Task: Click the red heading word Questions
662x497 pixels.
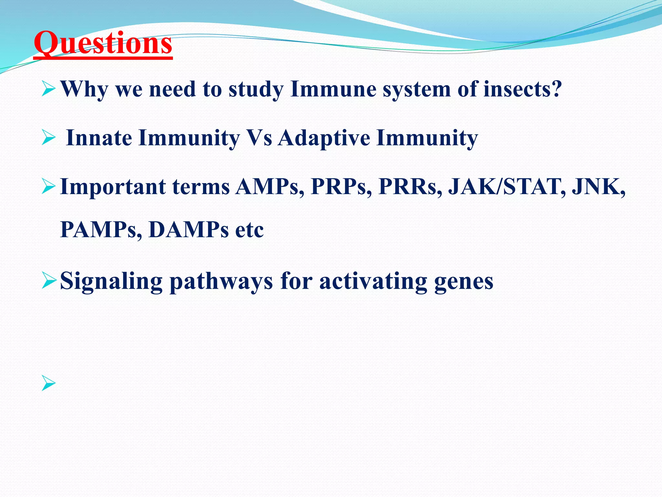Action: tap(103, 43)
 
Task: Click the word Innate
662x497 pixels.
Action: tap(99, 138)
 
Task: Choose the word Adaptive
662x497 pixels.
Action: tap(324, 138)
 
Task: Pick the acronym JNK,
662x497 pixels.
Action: tap(598, 187)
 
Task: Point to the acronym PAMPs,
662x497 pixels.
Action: tap(101, 230)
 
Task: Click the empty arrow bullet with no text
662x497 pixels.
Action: tap(49, 384)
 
